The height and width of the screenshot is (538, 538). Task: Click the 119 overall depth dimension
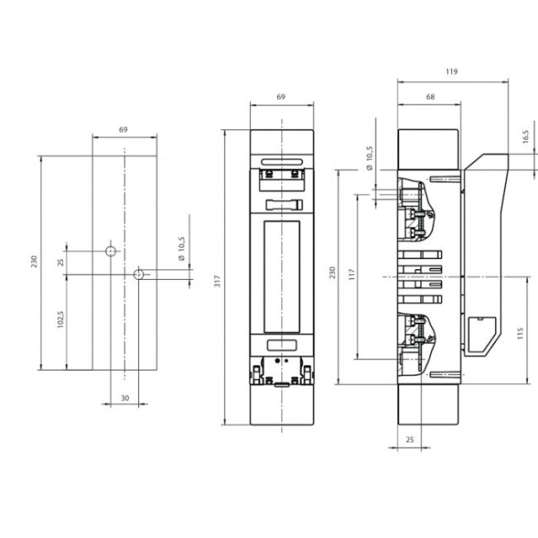(452, 72)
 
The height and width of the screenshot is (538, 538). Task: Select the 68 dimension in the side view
(430, 97)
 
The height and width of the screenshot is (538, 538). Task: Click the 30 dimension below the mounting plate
(124, 397)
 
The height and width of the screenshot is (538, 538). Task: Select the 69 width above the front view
(281, 97)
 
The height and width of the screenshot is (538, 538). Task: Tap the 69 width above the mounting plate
(123, 130)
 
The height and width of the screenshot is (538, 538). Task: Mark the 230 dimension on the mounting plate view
(34, 262)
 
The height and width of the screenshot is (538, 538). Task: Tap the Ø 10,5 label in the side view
(368, 158)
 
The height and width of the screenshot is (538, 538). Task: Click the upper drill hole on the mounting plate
(109, 250)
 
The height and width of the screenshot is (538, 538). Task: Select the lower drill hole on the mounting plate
(139, 272)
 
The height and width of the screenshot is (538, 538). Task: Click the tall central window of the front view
(282, 276)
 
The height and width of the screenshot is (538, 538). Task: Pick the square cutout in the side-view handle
(480, 329)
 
